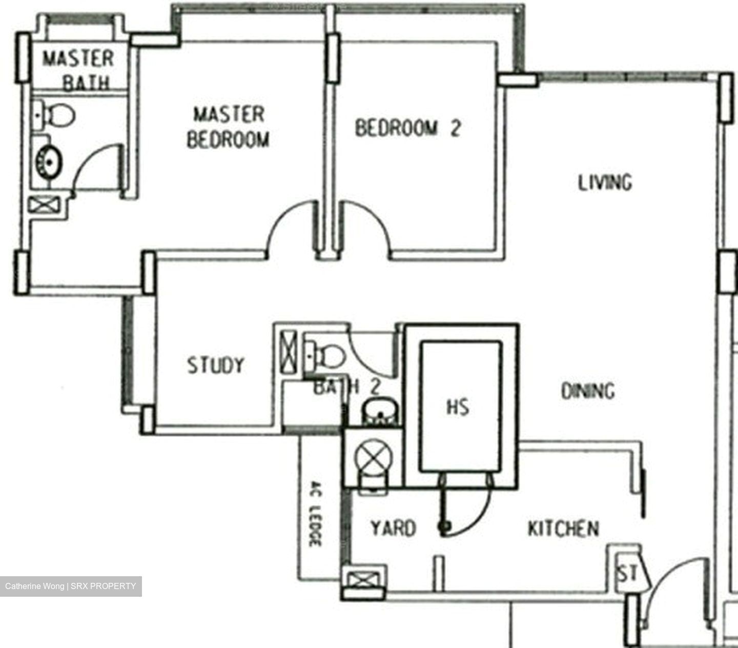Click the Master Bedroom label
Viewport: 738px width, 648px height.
pos(228,127)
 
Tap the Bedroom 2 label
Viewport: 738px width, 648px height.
pos(408,128)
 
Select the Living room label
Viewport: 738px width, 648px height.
pos(605,183)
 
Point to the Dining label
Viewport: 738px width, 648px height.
pos(588,391)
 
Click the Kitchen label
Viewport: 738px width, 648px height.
pos(563,529)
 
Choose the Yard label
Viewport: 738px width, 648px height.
pos(393,528)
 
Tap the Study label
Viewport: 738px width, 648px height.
pos(215,365)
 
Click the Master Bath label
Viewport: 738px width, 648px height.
pos(78,70)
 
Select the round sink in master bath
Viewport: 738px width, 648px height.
pos(49,161)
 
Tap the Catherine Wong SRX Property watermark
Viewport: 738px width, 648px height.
pos(71,586)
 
